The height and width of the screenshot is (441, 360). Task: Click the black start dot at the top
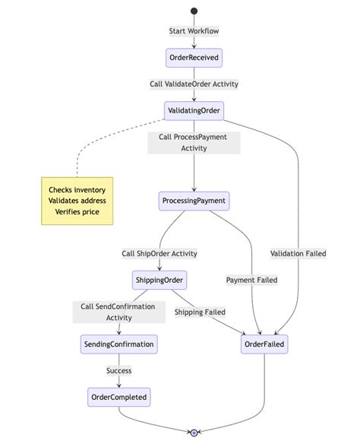(x=194, y=11)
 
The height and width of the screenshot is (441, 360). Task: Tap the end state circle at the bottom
(x=194, y=432)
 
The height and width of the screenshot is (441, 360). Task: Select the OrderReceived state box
(x=194, y=58)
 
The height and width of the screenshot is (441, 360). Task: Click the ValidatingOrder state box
(x=194, y=110)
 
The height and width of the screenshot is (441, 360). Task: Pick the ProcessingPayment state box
(x=194, y=201)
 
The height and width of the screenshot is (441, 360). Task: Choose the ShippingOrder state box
(x=159, y=280)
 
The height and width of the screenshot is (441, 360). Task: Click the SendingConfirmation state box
(x=118, y=344)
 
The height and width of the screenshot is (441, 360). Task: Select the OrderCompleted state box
(x=118, y=396)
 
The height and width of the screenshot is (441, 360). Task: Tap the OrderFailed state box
(x=264, y=344)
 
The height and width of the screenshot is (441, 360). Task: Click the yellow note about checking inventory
(x=77, y=200)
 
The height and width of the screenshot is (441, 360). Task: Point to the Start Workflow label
(x=194, y=31)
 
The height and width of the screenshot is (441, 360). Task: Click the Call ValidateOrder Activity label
(x=194, y=84)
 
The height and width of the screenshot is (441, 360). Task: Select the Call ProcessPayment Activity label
(x=194, y=143)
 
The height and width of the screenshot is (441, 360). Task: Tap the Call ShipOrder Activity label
(x=159, y=253)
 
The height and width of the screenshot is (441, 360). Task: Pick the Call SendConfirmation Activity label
(x=118, y=312)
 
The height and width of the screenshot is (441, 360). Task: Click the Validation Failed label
(x=298, y=253)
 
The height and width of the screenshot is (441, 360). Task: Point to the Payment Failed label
(x=251, y=280)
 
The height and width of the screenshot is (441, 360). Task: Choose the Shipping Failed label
(x=200, y=312)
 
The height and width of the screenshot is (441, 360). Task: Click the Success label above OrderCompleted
(x=118, y=370)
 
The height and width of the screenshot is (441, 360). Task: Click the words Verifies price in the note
(x=77, y=211)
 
